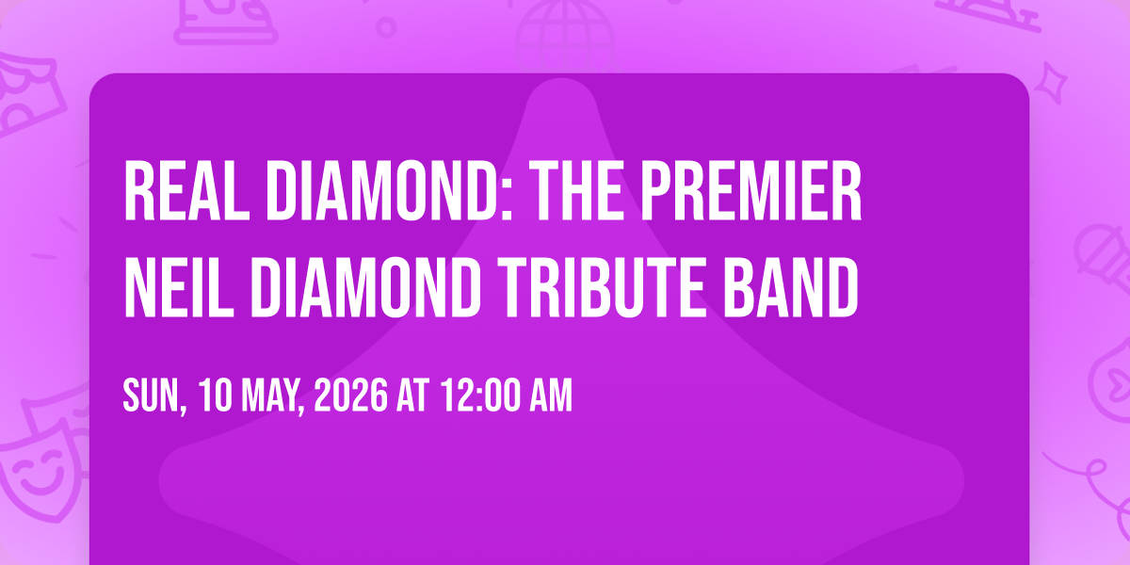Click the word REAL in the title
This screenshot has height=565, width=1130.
(187, 191)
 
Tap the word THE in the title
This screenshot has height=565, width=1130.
(579, 191)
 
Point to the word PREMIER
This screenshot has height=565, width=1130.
(751, 191)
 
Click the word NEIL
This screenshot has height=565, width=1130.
(179, 287)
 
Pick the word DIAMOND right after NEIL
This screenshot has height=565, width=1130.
(365, 287)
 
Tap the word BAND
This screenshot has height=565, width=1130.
(790, 287)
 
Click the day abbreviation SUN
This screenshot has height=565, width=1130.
(154, 397)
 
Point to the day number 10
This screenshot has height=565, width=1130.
(216, 395)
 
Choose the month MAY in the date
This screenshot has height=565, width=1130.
(273, 397)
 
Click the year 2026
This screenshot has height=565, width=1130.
(351, 395)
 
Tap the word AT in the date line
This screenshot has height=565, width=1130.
(412, 395)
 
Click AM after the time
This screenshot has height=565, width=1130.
(550, 395)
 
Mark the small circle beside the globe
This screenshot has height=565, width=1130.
(386, 27)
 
